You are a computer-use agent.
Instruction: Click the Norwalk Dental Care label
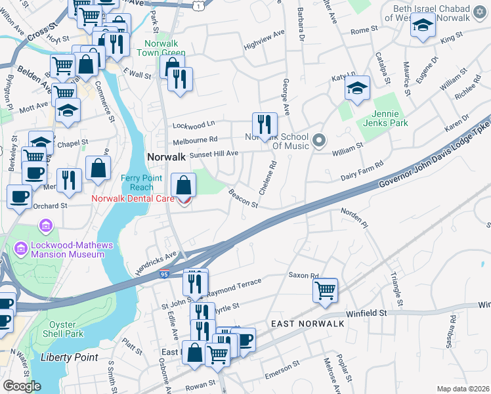(x=133, y=198)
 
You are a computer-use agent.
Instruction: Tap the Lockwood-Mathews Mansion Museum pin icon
(x=45, y=227)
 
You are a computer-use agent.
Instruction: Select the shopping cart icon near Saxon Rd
(x=326, y=290)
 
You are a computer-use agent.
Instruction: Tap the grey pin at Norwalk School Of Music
(x=319, y=140)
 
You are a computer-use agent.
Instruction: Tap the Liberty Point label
(x=69, y=358)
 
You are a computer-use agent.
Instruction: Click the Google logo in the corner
(x=22, y=386)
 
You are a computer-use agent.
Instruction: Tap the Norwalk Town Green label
(x=165, y=49)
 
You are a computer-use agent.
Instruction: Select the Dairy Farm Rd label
(x=361, y=173)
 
